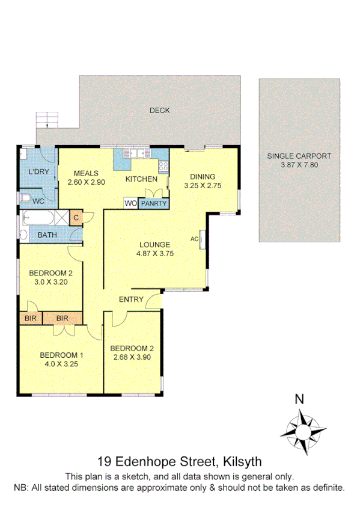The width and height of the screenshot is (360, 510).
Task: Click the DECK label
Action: [159, 110]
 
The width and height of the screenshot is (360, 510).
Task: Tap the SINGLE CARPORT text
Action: [299, 156]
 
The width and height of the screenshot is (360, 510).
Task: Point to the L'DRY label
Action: [38, 173]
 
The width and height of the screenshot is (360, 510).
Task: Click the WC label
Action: [38, 200]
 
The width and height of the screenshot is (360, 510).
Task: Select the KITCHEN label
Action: [141, 179]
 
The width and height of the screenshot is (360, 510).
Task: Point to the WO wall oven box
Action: [131, 204]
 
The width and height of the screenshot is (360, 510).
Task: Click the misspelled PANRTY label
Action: [154, 204]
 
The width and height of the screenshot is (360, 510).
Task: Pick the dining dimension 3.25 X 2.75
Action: [203, 185]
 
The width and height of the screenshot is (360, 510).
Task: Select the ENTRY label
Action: [130, 300]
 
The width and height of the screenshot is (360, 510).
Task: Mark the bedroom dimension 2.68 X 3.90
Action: [132, 357]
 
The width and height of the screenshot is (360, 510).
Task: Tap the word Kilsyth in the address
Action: [242, 462]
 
